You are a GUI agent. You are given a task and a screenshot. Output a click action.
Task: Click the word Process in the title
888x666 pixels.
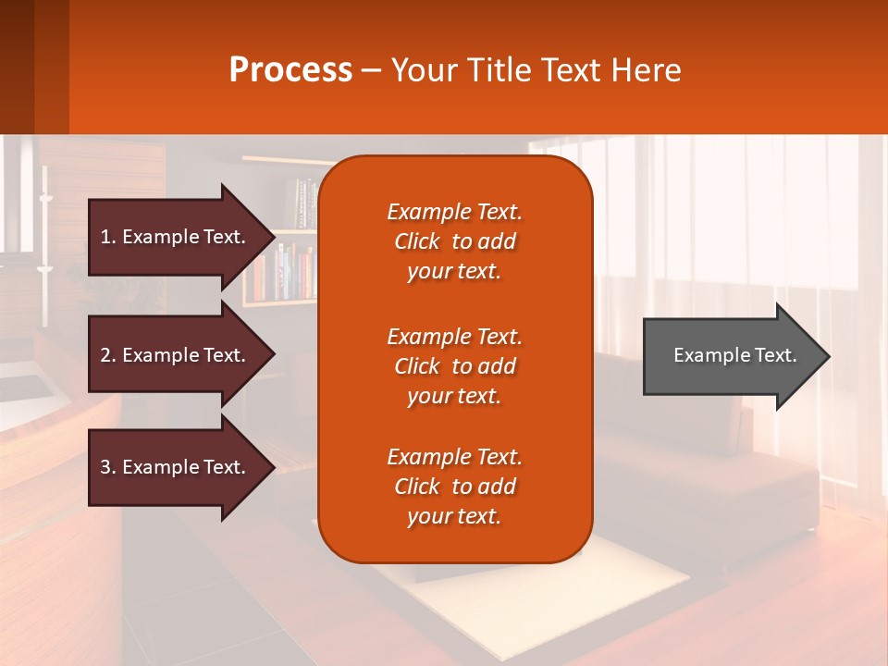[290, 70]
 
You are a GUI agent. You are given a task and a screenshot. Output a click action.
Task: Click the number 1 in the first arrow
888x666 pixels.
[105, 237]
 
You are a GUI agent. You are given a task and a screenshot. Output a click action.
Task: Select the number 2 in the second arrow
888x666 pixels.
[105, 355]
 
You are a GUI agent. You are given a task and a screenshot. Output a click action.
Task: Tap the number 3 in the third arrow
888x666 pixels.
[105, 467]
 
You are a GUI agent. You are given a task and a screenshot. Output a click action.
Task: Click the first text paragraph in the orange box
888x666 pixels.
[454, 241]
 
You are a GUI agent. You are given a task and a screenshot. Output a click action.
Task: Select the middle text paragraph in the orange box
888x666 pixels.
[454, 366]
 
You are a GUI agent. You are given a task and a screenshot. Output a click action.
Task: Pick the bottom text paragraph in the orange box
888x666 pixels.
[454, 487]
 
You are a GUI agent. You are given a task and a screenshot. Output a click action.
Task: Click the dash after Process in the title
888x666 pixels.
[371, 71]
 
